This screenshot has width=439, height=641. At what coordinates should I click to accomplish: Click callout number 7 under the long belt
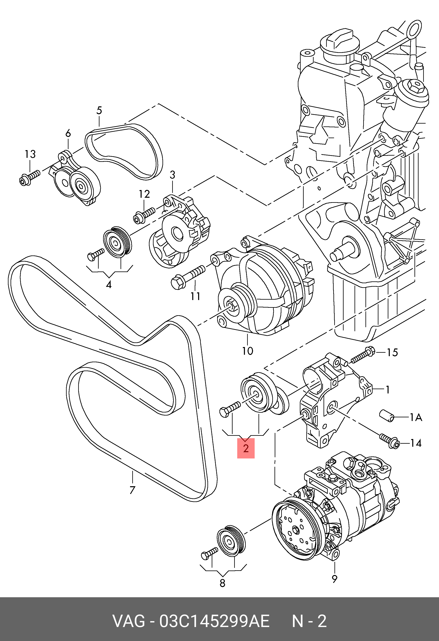(132, 490)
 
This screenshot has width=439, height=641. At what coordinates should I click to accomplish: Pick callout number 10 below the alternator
(247, 351)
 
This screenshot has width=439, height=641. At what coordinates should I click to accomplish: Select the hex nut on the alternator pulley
(231, 305)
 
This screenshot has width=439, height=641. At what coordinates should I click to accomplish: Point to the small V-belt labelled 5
(124, 152)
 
